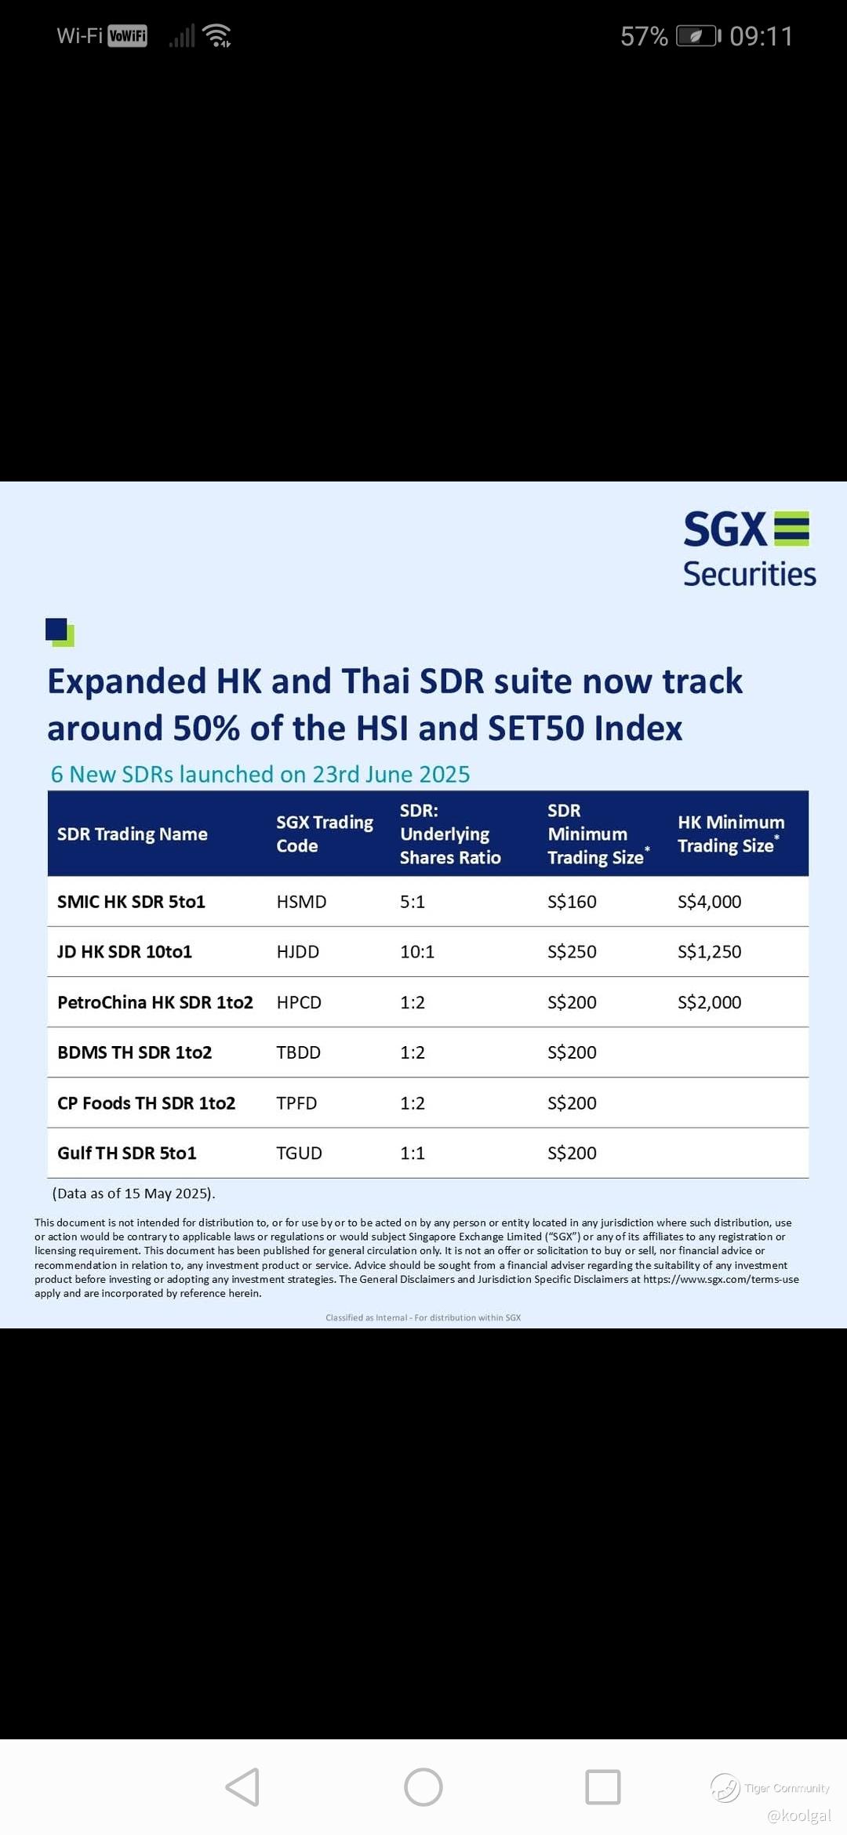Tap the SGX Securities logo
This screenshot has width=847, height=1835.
tap(749, 549)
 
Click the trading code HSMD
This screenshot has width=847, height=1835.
tap(301, 902)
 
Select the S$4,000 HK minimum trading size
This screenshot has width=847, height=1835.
tap(709, 902)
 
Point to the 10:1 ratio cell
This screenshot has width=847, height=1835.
tap(417, 952)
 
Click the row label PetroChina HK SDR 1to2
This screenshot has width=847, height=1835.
tap(155, 1002)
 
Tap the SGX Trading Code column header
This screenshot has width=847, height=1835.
tap(325, 834)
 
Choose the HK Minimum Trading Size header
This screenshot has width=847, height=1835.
tap(731, 834)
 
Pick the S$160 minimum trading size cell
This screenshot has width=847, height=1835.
tap(572, 902)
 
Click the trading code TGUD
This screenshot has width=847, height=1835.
tap(299, 1153)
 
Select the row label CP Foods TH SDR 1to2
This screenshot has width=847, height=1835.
tap(146, 1103)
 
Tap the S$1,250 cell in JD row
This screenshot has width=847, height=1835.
tap(709, 952)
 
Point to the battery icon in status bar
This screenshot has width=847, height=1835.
tap(698, 36)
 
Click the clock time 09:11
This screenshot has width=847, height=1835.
tap(761, 36)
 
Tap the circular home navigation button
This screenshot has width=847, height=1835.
tap(423, 1787)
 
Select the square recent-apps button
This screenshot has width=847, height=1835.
tap(603, 1787)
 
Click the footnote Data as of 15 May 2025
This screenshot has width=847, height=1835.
tap(133, 1194)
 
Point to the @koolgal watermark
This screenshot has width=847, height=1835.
tap(799, 1815)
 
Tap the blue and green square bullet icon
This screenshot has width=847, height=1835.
tap(60, 632)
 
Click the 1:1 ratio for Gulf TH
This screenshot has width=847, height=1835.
tap(413, 1153)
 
